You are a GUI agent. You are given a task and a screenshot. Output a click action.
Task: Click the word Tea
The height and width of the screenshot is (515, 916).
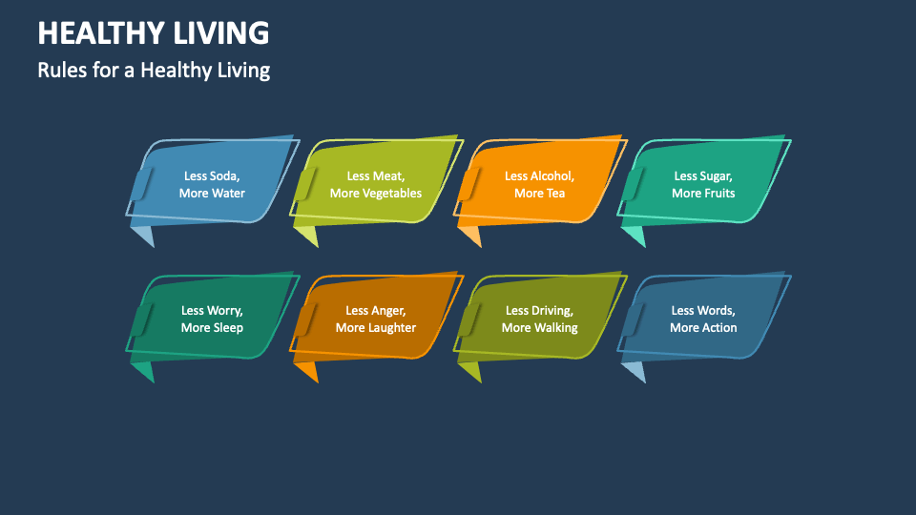(x=554, y=194)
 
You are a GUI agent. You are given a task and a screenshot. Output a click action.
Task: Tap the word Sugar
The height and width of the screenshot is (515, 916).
(x=715, y=175)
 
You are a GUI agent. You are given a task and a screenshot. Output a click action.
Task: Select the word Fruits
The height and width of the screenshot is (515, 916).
(x=718, y=194)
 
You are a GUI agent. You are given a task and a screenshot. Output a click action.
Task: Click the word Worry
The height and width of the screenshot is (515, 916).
(x=225, y=310)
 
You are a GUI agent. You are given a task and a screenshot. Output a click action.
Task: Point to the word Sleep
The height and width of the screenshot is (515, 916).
(x=227, y=328)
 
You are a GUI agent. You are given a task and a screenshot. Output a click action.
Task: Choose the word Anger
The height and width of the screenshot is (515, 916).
(x=388, y=310)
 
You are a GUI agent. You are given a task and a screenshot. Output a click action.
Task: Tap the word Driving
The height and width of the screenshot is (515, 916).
(x=553, y=310)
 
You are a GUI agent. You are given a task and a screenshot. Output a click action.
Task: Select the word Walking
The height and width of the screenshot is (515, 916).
(x=555, y=328)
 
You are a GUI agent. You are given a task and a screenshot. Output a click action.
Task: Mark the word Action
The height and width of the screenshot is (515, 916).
(x=718, y=328)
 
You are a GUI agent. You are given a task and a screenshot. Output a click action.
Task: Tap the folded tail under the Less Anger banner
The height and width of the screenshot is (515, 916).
(x=305, y=370)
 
